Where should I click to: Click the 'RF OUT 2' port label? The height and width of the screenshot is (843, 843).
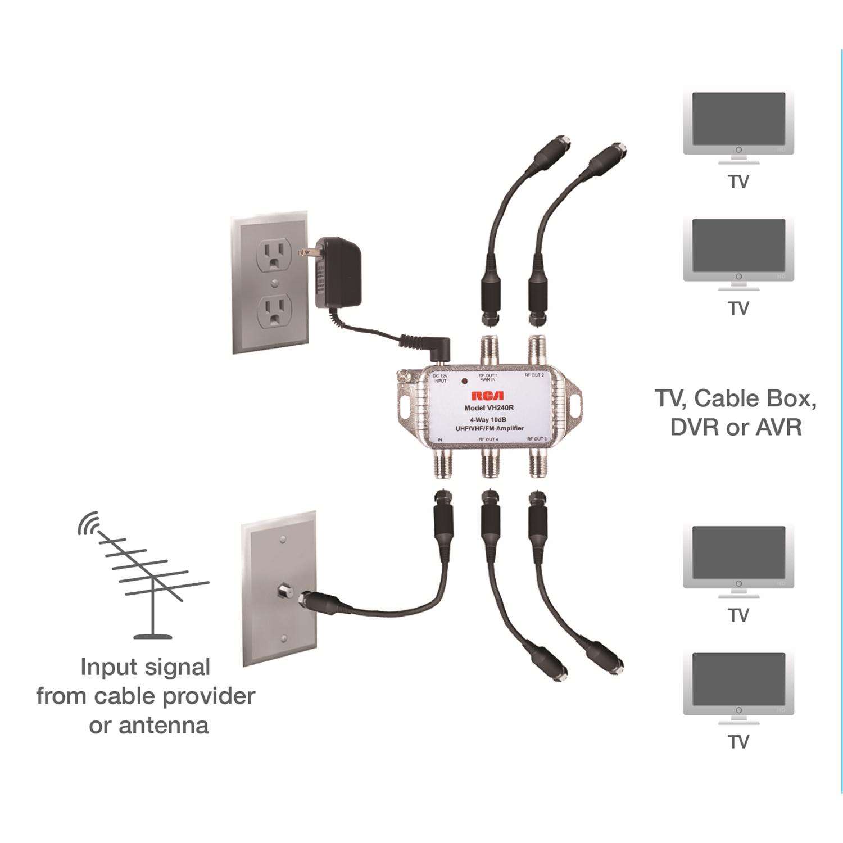coord(534,375)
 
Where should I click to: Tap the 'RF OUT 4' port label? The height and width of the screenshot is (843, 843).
coord(488,439)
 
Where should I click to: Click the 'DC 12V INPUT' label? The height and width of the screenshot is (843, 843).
coord(441,378)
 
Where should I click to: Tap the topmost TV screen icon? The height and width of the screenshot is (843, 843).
coord(738,119)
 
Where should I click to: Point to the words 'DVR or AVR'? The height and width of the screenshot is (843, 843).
coord(736,428)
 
